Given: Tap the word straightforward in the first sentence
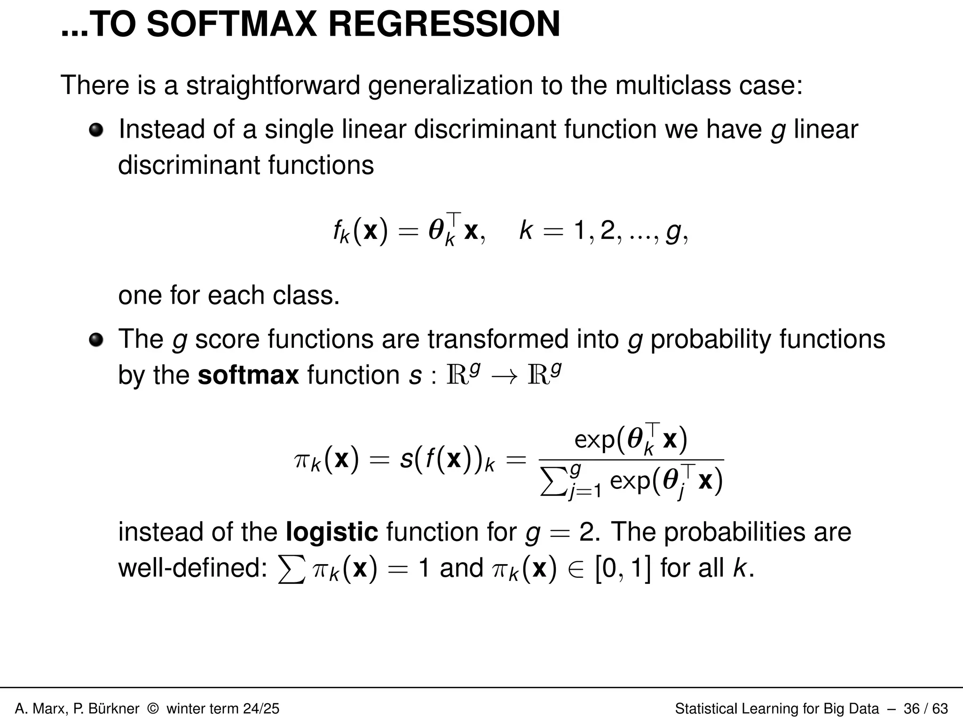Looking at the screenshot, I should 273,86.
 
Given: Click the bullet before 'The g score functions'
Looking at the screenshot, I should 96,339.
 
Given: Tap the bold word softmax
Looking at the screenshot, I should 248,375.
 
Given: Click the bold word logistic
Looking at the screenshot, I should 332,532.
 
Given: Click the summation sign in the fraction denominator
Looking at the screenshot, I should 553,483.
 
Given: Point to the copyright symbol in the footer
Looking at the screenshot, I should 153,708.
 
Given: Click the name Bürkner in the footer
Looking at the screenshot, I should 113,708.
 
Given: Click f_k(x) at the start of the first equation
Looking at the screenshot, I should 361,231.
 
